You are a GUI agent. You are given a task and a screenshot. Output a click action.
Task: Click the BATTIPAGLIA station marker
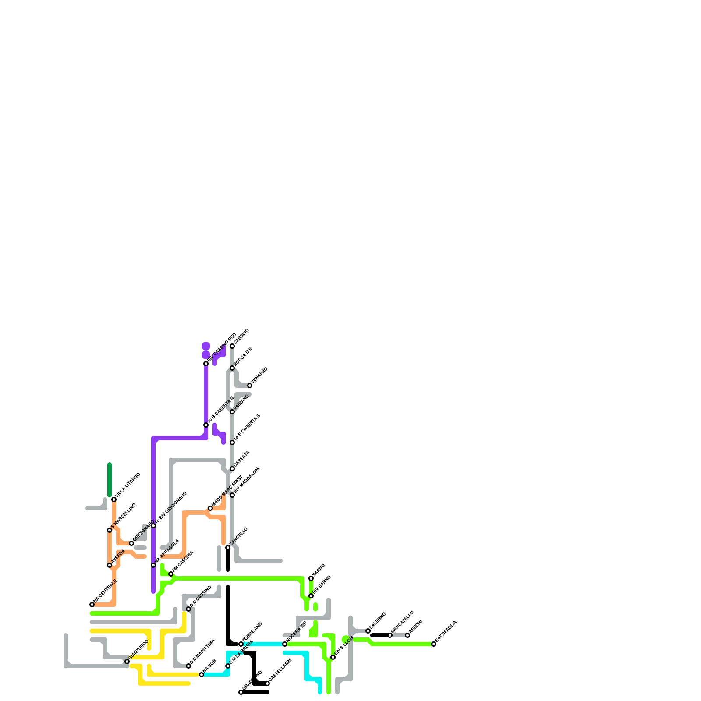click(434, 644)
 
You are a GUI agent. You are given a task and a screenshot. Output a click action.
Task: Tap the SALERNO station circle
click(368, 631)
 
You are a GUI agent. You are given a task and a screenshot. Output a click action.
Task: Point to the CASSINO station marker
click(232, 346)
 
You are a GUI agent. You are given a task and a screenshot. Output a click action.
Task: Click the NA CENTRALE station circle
click(92, 605)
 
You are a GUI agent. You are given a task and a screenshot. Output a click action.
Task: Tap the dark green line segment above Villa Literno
click(110, 480)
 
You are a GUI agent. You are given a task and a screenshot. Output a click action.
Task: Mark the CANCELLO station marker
click(228, 548)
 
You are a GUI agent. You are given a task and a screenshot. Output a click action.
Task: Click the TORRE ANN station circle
click(241, 644)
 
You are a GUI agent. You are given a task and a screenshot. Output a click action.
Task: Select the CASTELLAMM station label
click(280, 670)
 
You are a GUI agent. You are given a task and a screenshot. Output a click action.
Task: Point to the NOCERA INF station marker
click(285, 644)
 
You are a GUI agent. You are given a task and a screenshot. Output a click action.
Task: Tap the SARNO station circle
click(311, 578)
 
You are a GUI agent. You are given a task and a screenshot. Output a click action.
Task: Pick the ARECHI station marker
click(407, 635)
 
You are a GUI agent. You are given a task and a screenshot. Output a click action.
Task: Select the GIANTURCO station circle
click(127, 662)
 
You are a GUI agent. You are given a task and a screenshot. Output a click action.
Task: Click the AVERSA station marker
click(110, 565)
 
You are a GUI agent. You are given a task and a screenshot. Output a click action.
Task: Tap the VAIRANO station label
click(241, 403)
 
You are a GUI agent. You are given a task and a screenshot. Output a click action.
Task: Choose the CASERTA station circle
click(232, 469)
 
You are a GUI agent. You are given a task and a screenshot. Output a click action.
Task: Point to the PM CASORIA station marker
click(171, 574)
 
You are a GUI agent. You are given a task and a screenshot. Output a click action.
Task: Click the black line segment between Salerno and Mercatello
click(379, 635)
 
